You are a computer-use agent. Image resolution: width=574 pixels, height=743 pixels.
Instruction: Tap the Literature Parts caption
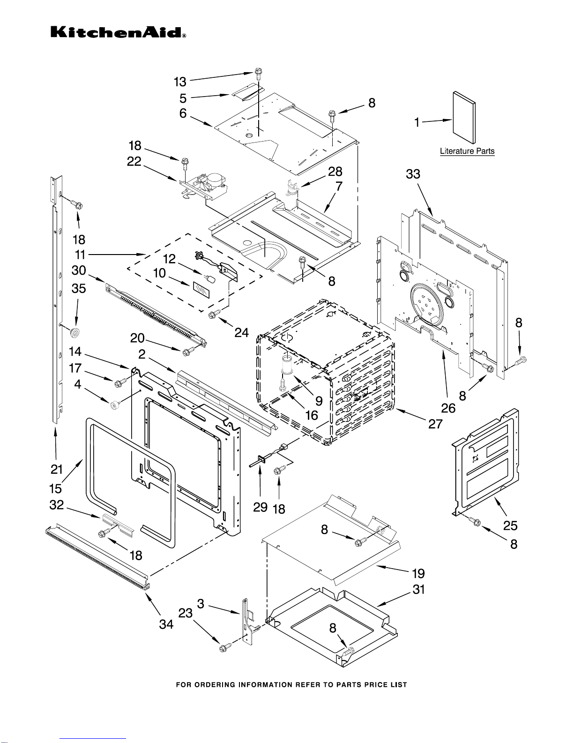click(467, 151)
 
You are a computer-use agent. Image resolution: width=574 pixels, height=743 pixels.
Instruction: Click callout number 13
click(180, 82)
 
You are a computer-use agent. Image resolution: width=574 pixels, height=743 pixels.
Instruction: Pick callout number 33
click(413, 174)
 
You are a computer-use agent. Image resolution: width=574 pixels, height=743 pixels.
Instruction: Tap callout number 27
click(435, 424)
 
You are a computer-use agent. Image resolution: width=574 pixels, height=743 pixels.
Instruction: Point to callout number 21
click(57, 469)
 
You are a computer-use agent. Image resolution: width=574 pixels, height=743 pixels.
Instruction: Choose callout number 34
click(166, 624)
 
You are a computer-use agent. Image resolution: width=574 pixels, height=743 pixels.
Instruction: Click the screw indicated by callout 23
click(224, 647)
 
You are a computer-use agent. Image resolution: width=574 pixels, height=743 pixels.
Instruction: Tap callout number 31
click(418, 589)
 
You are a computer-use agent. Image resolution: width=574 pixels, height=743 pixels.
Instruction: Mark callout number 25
click(510, 525)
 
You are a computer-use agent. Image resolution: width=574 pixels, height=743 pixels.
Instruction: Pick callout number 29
click(260, 507)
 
